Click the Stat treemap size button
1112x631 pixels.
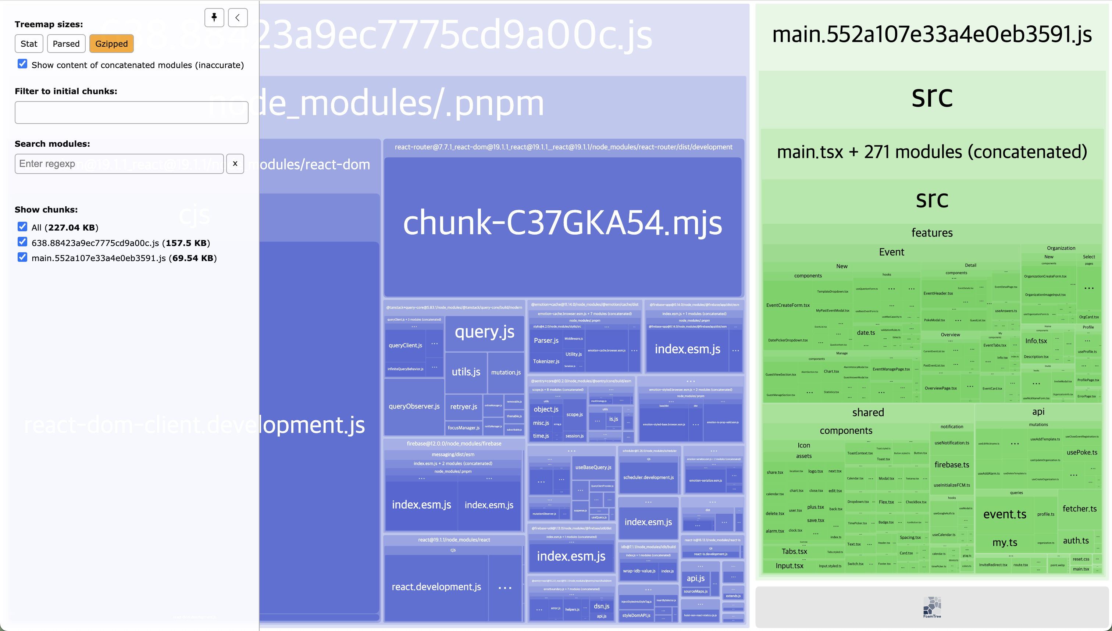click(29, 44)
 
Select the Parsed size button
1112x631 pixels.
click(66, 44)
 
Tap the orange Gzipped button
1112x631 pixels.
click(111, 44)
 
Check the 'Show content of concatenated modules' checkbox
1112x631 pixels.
click(22, 64)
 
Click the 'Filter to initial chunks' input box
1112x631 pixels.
click(131, 113)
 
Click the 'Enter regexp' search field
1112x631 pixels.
click(119, 164)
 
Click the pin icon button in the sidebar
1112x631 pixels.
click(214, 18)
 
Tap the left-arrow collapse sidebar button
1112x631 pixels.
click(238, 18)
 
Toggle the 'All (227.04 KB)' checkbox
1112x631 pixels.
click(22, 227)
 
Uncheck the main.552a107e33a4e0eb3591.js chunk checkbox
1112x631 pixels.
click(22, 257)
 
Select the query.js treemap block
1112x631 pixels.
click(485, 332)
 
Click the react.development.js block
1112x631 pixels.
click(436, 587)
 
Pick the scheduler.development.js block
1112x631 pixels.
click(648, 478)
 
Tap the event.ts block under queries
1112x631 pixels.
click(1005, 514)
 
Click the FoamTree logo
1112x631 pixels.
click(932, 607)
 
